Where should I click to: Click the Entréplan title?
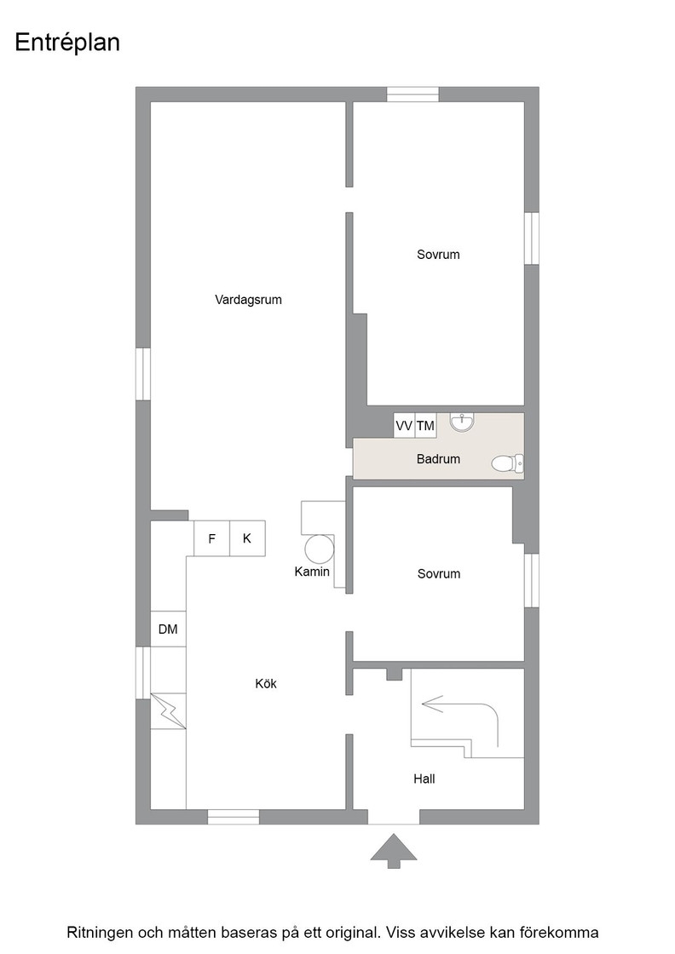pos(67,43)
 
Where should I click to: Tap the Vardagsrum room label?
pos(248,299)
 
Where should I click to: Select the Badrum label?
pos(438,459)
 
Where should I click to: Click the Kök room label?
pos(266,683)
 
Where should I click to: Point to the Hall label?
pos(424,779)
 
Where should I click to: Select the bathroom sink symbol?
pos(462,421)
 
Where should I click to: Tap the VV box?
pos(404,425)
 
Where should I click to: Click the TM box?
pos(425,425)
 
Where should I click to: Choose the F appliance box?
pos(212,537)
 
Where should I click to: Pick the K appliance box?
pos(247,537)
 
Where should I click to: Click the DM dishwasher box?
pos(168,629)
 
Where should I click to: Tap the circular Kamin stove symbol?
pos(320,549)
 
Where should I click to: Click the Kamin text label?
pos(312,572)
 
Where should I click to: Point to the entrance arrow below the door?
pos(394,851)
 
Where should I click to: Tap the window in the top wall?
pos(413,95)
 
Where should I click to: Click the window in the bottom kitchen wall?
pos(234,817)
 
